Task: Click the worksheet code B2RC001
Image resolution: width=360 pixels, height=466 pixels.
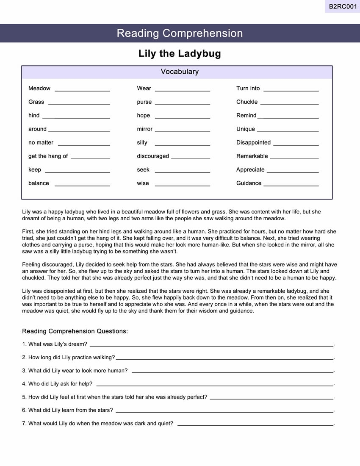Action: [x=343, y=6]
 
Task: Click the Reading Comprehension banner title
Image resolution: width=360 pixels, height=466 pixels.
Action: [x=180, y=33]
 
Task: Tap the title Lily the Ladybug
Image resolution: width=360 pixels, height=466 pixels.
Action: [x=180, y=54]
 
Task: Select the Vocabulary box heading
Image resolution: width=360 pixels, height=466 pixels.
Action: [x=180, y=72]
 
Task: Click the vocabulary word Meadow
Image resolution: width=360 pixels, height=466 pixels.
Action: [x=39, y=89]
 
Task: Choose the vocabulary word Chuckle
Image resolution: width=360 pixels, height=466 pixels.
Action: [x=247, y=102]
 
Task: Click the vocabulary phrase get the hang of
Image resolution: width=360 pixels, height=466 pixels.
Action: [x=48, y=156]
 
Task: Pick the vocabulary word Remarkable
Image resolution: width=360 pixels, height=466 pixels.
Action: [x=252, y=156]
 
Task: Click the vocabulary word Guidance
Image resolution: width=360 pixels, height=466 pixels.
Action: [x=249, y=183]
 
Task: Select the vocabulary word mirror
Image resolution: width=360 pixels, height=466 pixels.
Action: [x=144, y=129]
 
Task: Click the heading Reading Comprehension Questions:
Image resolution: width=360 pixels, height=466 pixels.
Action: [x=75, y=331]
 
